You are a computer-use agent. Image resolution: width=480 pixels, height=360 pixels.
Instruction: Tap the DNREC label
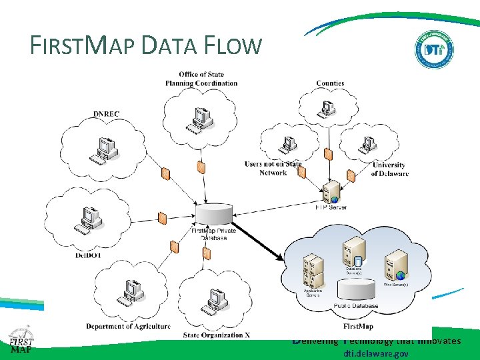tap(107, 114)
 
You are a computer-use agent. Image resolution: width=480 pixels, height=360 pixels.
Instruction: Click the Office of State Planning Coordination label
tap(201, 79)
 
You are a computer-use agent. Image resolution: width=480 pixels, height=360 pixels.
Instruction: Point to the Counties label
tap(330, 83)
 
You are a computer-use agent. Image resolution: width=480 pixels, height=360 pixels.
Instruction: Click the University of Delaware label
tap(389, 169)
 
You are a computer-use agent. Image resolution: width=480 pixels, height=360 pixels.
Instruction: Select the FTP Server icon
tap(331, 192)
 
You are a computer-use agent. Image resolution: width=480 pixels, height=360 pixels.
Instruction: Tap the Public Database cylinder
tap(357, 289)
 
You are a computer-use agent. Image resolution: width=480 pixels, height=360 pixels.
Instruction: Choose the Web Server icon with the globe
tap(396, 265)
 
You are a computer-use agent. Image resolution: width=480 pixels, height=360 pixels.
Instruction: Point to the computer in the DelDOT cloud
tap(89, 219)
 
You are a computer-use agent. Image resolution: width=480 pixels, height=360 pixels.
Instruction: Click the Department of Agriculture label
tap(128, 326)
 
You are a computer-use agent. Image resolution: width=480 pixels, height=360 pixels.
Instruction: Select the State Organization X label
tap(217, 335)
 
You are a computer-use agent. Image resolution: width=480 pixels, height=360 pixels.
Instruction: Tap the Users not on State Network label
tap(273, 168)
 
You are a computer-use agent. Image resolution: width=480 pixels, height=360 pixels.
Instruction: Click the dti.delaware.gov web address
tap(376, 354)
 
